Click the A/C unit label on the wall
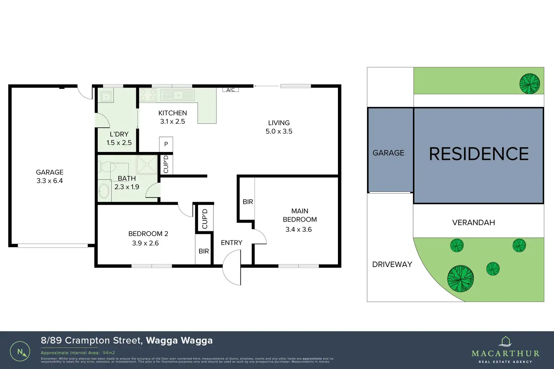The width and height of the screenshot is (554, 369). tap(231, 90)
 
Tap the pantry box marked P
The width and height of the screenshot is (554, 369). tap(166, 144)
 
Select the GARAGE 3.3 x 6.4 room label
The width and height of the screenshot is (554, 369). tap(50, 176)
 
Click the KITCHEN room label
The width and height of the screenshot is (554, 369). tap(172, 113)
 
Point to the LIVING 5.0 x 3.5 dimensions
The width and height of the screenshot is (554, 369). tap(279, 131)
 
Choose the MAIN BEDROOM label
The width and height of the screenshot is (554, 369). tap(300, 215)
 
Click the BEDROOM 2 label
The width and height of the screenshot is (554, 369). tap(148, 234)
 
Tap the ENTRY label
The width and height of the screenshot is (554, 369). tap(231, 243)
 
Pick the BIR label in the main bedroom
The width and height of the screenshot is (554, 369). tap(248, 202)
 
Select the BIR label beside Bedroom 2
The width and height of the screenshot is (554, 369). tap(204, 251)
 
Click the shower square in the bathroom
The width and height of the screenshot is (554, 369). tap(147, 164)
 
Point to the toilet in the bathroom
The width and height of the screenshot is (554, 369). tap(107, 166)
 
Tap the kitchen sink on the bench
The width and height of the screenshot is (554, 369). tap(178, 95)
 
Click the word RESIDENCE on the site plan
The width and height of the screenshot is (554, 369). tap(479, 154)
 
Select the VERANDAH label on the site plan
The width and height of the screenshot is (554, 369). tap(473, 222)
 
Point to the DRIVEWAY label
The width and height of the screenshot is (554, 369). tap(392, 264)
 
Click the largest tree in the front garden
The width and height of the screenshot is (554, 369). tap(460, 279)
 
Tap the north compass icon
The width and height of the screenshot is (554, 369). tap(20, 352)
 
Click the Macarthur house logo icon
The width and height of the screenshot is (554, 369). tap(505, 341)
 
